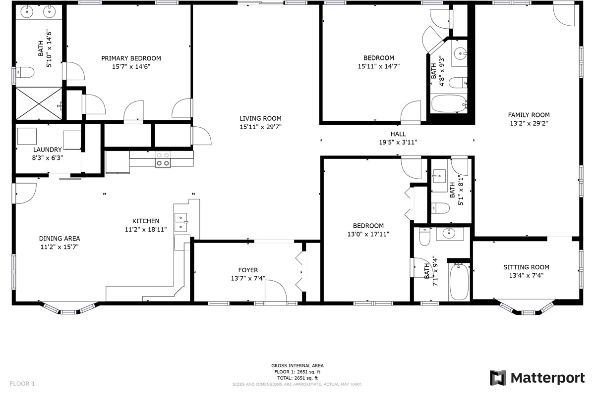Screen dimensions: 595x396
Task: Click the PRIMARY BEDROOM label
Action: (131, 58)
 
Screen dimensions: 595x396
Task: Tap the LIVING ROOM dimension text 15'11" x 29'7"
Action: (260, 127)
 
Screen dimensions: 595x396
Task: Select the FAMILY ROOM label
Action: (529, 115)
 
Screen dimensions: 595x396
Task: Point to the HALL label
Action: (398, 134)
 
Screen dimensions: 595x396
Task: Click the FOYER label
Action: (248, 270)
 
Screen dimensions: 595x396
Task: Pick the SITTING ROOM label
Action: (526, 267)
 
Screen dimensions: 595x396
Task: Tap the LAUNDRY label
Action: (47, 149)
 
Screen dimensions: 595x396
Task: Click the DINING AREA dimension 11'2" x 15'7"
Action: (59, 247)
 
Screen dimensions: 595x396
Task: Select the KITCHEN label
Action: (146, 221)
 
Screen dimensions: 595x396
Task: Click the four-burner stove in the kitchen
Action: (163, 159)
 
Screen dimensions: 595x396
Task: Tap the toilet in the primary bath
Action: (25, 72)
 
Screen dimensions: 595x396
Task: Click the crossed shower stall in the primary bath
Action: (39, 104)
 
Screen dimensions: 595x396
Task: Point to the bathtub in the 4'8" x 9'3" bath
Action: (449, 103)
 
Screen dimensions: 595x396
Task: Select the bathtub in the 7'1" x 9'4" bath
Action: (459, 282)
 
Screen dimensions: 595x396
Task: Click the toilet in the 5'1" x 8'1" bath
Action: (440, 208)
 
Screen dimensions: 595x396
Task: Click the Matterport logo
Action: (537, 378)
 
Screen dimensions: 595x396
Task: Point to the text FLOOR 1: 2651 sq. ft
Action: (297, 372)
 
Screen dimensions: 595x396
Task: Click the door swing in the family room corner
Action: (564, 15)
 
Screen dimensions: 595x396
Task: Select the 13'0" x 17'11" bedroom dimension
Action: (368, 234)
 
